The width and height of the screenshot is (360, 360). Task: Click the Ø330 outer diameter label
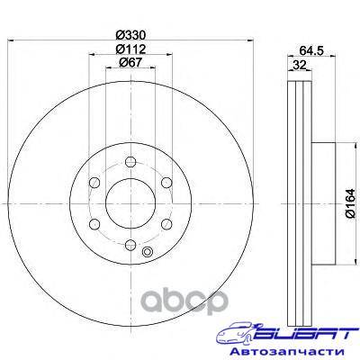click(130, 35)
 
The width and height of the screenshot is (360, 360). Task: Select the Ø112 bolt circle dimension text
click(130, 49)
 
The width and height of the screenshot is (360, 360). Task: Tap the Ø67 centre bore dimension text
click(130, 62)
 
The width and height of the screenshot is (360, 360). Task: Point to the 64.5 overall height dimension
click(311, 51)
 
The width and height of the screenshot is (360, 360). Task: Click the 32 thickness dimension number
click(300, 65)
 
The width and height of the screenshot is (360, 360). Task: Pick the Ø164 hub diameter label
click(350, 203)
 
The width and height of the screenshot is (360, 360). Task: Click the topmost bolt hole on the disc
click(130, 162)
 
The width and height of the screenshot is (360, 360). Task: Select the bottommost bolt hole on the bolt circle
click(130, 245)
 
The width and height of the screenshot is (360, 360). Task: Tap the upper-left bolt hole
click(94, 183)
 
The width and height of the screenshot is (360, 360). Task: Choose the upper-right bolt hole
click(166, 183)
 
